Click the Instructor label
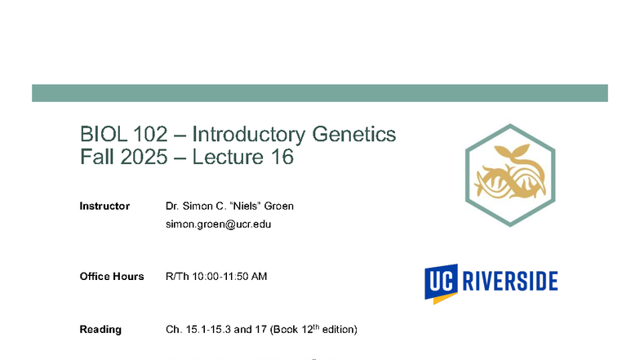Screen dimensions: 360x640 tap(104, 206)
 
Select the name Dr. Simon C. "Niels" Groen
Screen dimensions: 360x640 tap(229, 206)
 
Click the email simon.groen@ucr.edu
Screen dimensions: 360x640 tap(218, 224)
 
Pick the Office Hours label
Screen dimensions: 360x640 tap(112, 277)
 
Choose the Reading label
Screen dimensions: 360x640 tap(100, 330)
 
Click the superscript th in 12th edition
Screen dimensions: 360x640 tap(315, 327)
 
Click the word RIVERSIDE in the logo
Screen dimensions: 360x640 tap(510, 282)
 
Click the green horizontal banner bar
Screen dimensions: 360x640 tap(319, 93)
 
